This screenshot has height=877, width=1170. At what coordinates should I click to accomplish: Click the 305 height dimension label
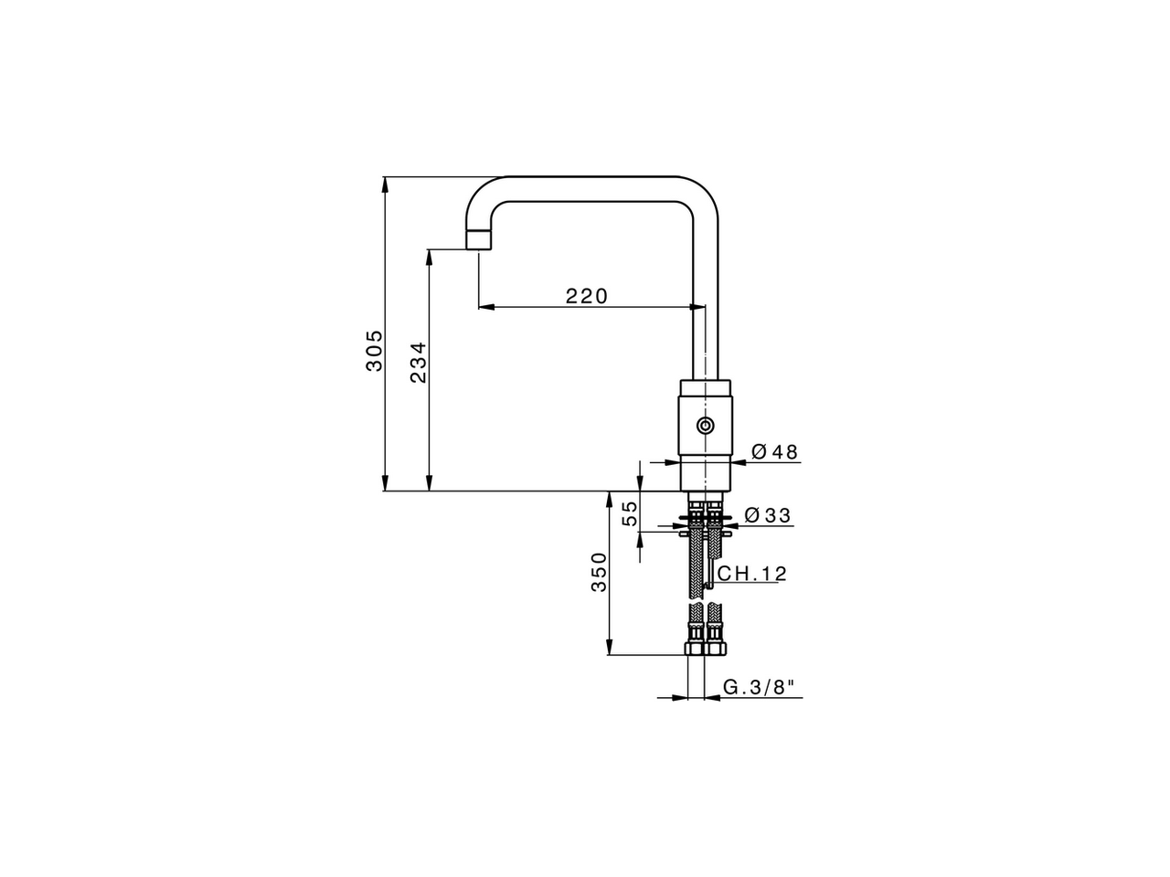click(374, 350)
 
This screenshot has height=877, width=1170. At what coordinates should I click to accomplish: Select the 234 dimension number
click(418, 362)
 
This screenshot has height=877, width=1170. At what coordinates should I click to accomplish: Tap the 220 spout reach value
click(586, 296)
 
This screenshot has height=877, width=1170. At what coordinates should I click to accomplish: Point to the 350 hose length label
click(599, 572)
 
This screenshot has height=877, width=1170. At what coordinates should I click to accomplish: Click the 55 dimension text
click(630, 513)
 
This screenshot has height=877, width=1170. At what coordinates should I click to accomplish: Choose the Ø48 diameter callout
click(774, 452)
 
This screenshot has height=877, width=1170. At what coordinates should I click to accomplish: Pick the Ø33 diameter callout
click(768, 516)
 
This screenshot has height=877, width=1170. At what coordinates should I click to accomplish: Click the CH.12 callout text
click(751, 574)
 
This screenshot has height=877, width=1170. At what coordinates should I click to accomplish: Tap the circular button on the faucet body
click(706, 426)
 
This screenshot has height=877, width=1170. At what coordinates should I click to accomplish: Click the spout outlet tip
click(479, 240)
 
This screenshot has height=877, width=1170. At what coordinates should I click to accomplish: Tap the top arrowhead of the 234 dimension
click(428, 257)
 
